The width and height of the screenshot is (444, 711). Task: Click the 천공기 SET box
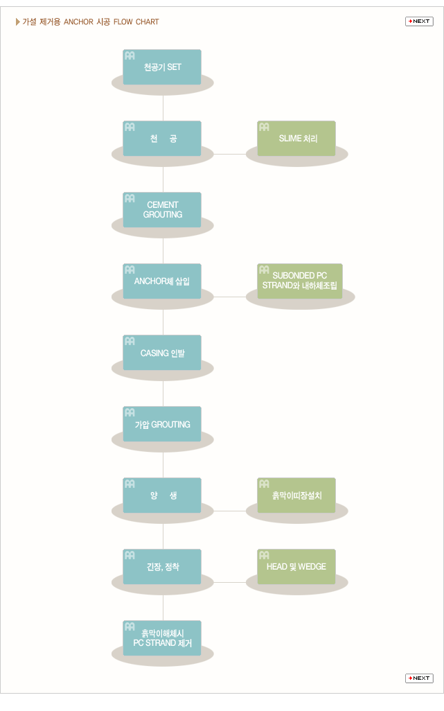coord(162,67)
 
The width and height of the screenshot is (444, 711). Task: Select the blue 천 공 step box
coord(162,139)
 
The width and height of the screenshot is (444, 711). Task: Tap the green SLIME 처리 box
coord(296,139)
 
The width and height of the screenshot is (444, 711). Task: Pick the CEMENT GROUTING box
coord(162,209)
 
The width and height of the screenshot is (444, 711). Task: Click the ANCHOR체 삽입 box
coord(162,281)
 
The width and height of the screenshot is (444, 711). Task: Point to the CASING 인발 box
coord(162,352)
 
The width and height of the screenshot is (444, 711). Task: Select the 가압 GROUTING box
coord(162,424)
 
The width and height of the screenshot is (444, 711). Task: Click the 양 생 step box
coord(162,495)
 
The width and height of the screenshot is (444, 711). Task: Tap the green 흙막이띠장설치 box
coord(296,495)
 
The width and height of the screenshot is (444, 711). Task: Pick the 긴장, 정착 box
coord(162,566)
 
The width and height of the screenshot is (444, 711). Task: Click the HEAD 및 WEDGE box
coord(296,566)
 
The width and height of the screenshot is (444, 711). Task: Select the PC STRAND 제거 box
coord(162,638)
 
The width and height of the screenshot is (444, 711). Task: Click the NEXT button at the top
coord(419,21)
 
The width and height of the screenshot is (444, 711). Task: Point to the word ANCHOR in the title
coord(78,21)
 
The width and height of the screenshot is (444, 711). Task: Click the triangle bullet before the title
coord(18,21)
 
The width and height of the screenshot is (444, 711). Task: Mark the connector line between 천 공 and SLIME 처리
coord(230,154)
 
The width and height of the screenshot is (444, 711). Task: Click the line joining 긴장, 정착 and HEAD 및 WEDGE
coord(230,582)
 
